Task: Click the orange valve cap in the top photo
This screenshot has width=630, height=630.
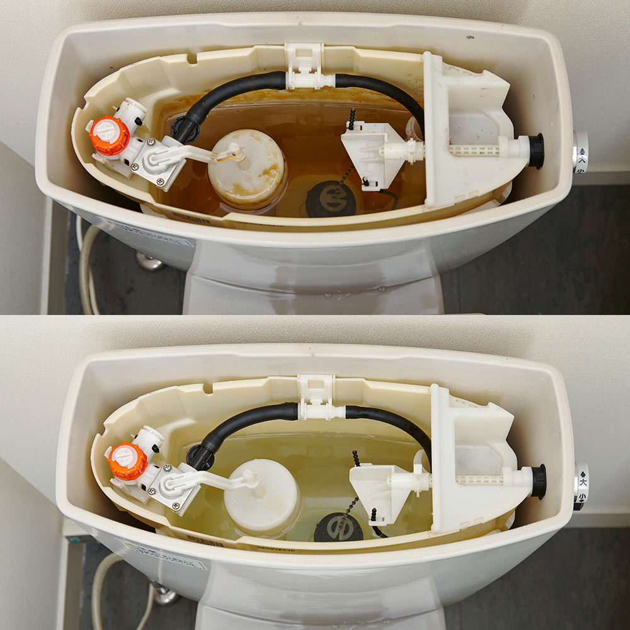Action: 109,135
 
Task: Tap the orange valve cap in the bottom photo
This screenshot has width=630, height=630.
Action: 127,461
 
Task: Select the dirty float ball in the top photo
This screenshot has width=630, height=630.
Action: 246,168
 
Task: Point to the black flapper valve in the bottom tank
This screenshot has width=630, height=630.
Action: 338,527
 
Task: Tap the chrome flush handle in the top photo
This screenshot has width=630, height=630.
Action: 581,152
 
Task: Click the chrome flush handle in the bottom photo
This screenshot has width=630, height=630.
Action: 581,485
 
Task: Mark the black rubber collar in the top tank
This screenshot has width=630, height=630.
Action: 536,151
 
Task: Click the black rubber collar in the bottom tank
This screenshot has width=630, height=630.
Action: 539,481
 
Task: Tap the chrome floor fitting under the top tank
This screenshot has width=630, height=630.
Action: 150,261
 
